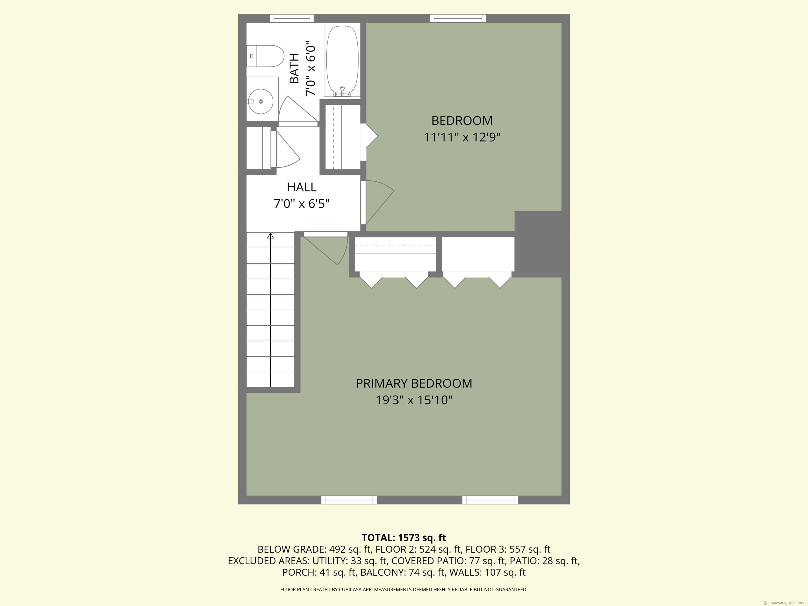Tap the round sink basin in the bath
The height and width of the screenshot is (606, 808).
(260, 101)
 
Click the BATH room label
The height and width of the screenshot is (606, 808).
(294, 68)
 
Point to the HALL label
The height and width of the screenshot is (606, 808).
(302, 187)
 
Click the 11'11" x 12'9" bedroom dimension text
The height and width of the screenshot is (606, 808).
(462, 137)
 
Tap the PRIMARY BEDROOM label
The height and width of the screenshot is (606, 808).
(414, 383)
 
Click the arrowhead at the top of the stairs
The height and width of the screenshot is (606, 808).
(270, 236)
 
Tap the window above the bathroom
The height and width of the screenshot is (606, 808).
(292, 18)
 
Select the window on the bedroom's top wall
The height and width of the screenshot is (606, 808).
(458, 18)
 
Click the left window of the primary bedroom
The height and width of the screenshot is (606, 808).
(349, 500)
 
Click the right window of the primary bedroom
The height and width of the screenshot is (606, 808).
(490, 500)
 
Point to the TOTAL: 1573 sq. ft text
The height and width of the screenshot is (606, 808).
(404, 538)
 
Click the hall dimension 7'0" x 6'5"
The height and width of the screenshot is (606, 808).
(302, 204)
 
